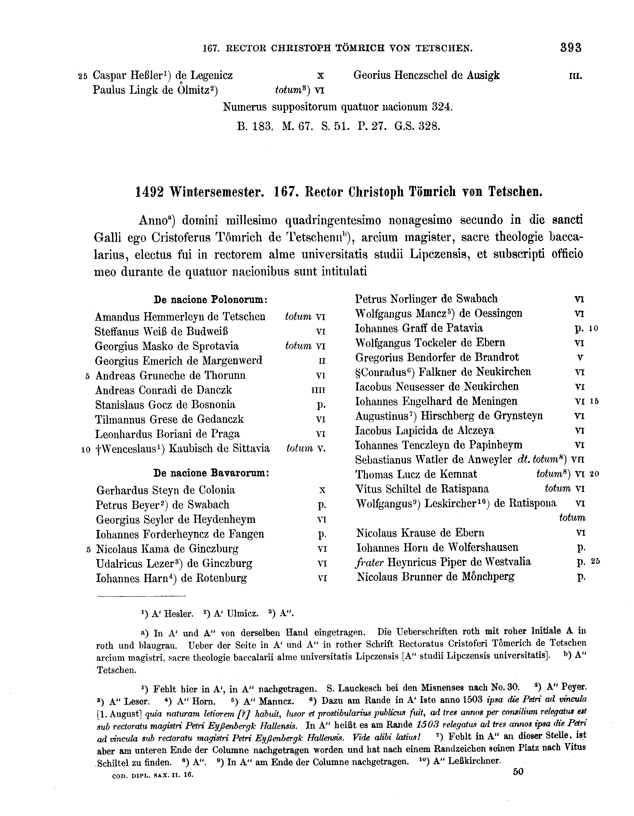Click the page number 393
(x=571, y=48)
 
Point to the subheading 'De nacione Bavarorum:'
(x=212, y=473)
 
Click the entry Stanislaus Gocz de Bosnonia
(x=165, y=405)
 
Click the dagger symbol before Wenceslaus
(x=98, y=449)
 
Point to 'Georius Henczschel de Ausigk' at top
(x=426, y=75)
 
